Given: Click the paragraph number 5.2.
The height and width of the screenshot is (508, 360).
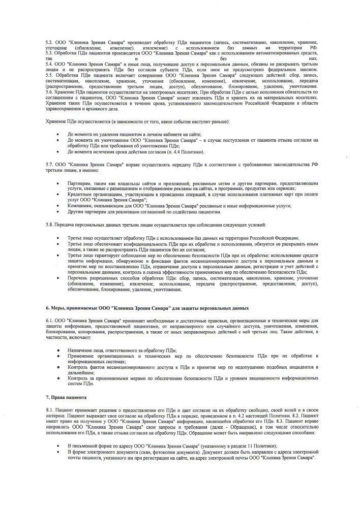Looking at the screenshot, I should pyautogui.click(x=49, y=42).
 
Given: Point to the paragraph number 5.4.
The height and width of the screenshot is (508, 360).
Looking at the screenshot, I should pyautogui.click(x=49, y=66).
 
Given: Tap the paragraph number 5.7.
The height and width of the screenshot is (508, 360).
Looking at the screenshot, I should pyautogui.click(x=49, y=166).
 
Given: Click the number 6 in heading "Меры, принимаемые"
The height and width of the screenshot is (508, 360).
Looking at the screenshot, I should pyautogui.click(x=47, y=308).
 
